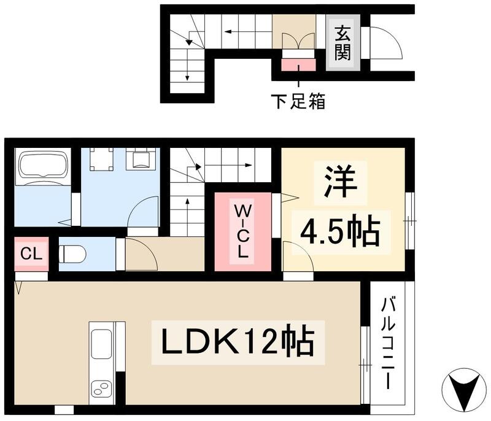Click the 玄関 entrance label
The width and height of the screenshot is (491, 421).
(x=342, y=42)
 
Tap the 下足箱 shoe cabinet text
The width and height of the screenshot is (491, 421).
(x=298, y=101)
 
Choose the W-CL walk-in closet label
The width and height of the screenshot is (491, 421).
(x=241, y=230)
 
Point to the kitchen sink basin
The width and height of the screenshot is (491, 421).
(x=101, y=346)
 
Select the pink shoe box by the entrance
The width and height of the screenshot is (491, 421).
(x=298, y=63)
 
